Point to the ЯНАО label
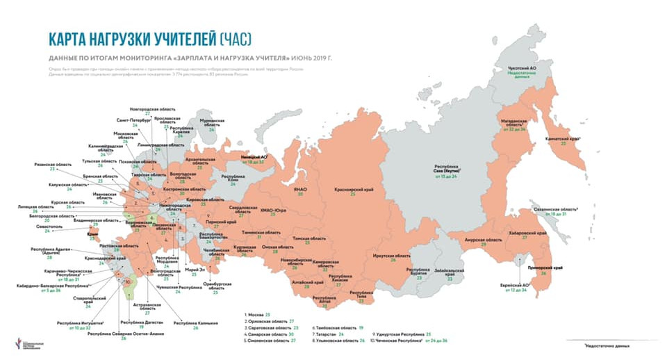[300, 189]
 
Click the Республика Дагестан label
[143, 322]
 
